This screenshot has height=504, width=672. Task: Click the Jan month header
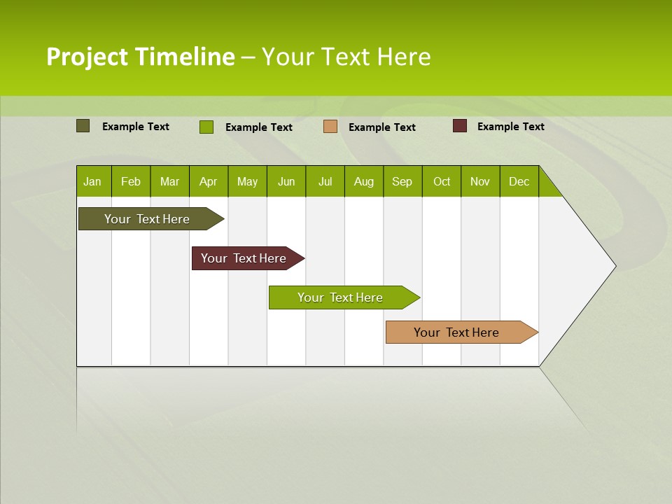click(92, 181)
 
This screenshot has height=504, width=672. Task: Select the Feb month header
click(131, 181)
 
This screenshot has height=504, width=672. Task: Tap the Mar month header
click(169, 181)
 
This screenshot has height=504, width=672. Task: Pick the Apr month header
click(209, 181)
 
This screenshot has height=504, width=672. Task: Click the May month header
click(247, 181)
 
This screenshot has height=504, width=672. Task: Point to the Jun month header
click(286, 181)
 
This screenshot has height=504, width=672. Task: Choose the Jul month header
click(325, 181)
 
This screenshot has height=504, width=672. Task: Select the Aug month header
click(364, 181)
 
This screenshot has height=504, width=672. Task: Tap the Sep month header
click(402, 181)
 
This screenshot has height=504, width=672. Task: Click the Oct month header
click(442, 181)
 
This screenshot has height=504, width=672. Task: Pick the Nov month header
click(480, 181)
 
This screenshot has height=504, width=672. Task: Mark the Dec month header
click(519, 181)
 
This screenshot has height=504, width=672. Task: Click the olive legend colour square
click(83, 126)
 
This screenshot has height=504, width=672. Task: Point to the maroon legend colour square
click(460, 126)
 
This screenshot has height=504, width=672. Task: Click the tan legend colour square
click(330, 127)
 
